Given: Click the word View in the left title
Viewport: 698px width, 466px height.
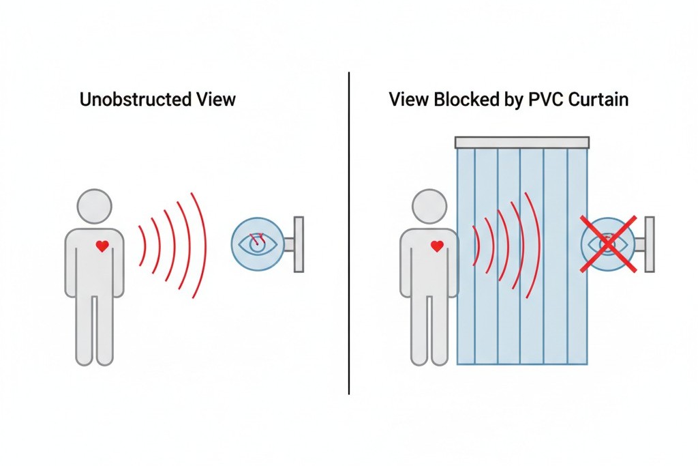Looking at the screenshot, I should click(213, 100).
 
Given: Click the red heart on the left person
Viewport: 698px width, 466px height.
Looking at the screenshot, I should click(102, 246).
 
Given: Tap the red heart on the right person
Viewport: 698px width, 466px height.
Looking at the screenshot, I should click(437, 246).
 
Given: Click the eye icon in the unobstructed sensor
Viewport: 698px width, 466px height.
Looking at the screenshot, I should click(258, 244).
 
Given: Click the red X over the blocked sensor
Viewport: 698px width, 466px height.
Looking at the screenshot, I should click(609, 244).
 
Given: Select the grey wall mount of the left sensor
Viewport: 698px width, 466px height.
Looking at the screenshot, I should click(298, 244).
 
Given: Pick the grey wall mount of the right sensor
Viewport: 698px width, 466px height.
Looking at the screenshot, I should click(648, 244).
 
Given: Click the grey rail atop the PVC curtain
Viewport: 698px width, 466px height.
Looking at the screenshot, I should click(521, 142).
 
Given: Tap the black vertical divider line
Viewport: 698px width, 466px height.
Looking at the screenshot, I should click(349, 232).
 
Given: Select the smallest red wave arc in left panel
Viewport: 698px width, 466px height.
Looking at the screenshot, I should click(142, 246).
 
